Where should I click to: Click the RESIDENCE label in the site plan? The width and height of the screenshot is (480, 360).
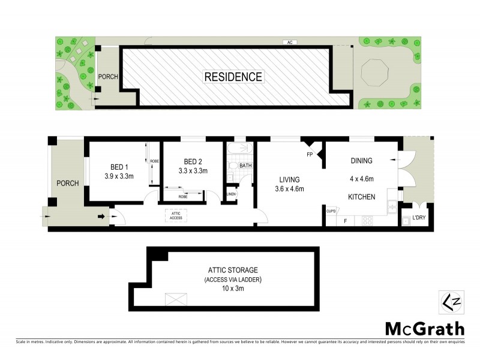pos(233,77)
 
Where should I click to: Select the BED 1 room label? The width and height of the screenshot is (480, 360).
pos(119,167)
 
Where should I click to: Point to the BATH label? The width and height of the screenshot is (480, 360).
pos(245,166)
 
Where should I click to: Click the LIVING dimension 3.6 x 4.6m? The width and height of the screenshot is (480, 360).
pos(289,189)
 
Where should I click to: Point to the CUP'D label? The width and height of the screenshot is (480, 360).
pos(331,211)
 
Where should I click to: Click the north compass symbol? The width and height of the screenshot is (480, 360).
pos(450,299)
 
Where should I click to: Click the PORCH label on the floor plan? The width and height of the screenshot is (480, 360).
pos(68,183)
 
